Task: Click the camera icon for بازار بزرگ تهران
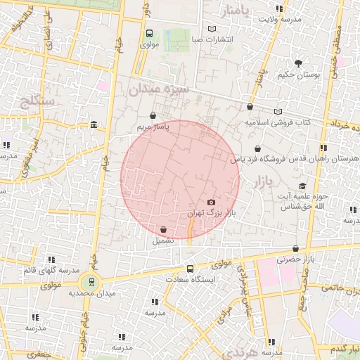(211, 202)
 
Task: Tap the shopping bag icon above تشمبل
(163, 229)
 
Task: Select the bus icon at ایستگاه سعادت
(190, 269)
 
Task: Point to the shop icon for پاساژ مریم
(153, 116)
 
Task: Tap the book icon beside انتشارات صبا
(212, 29)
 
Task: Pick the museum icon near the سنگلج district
(94, 125)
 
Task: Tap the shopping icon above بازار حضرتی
(295, 248)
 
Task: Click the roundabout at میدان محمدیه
(90, 282)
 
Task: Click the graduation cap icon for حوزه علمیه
(302, 186)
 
